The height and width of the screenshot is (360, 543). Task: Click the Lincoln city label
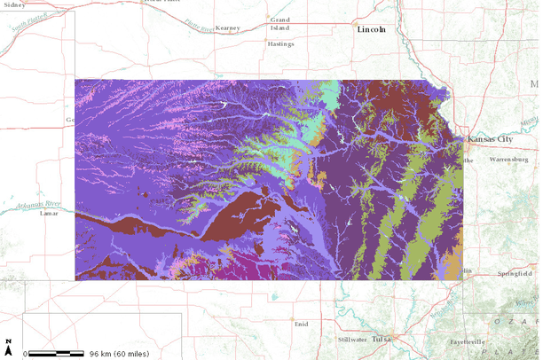(x=371, y=29)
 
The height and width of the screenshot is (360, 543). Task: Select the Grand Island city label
(x=280, y=23)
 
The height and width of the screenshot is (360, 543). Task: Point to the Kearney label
(x=227, y=27)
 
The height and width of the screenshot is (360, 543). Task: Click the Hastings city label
(x=281, y=43)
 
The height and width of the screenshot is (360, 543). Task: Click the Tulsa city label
(x=382, y=339)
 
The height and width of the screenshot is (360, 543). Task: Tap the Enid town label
(x=302, y=324)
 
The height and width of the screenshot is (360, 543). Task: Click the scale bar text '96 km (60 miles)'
(x=119, y=353)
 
